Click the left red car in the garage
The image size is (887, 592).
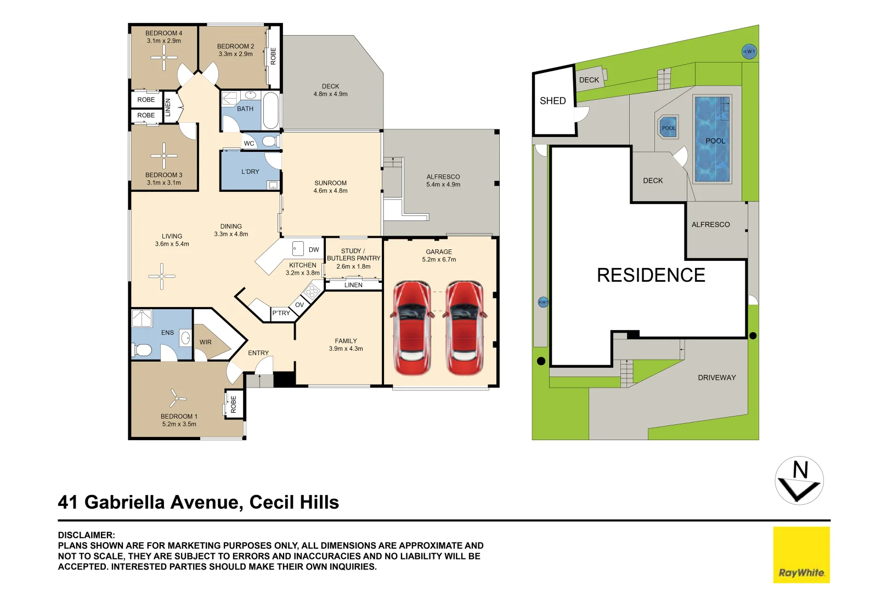click(x=412, y=328)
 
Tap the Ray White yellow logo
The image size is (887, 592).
click(x=801, y=554)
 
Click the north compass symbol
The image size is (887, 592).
click(x=799, y=481)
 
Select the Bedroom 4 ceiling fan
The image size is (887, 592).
click(x=164, y=58)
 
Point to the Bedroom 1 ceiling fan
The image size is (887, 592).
click(x=176, y=398)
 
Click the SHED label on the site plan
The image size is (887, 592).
click(x=553, y=101)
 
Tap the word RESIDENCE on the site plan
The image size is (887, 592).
click(x=651, y=275)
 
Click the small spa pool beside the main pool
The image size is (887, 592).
click(x=669, y=127)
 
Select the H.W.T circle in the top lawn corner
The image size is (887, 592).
click(x=749, y=52)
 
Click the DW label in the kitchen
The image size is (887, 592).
click(x=314, y=250)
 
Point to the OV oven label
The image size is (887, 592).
click(x=300, y=305)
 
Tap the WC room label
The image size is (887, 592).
click(x=249, y=143)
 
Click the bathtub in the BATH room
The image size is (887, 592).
click(x=271, y=110)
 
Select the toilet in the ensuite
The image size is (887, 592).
click(x=143, y=350)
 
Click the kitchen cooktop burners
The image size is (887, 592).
click(x=313, y=292)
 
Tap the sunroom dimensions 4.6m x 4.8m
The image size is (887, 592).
click(x=331, y=191)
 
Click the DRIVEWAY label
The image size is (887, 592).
click(x=717, y=378)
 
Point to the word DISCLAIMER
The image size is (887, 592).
click(x=86, y=535)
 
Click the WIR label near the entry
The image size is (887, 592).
click(x=206, y=342)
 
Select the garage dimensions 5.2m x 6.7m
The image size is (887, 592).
click(x=439, y=260)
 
